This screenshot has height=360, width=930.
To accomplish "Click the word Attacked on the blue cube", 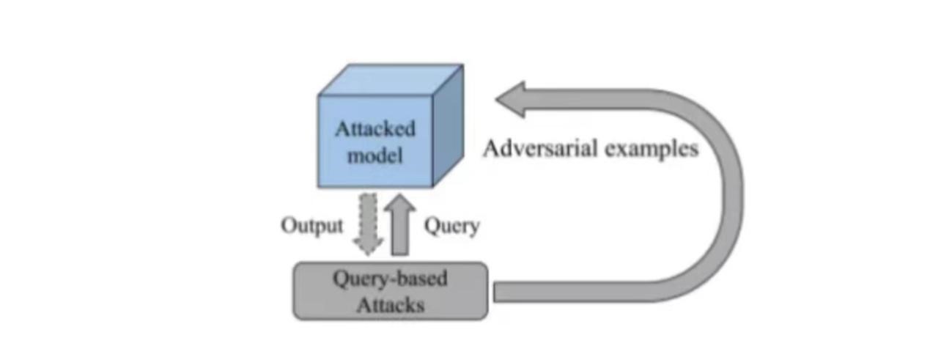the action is coord(375,129).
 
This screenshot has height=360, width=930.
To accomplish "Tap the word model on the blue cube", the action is coord(375,155).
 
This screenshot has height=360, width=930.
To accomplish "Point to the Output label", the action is coord(312,227).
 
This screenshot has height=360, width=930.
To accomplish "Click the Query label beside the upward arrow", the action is coord(451,227).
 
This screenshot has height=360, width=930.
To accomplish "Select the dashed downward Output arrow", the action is coord(368,224).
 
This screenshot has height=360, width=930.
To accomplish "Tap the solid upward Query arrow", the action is coord(400,224).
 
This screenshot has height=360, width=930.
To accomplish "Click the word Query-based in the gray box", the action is coord(391,279).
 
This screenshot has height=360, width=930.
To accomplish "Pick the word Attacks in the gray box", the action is coord(391,306).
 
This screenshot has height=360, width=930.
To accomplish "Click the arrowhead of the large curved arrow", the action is coord(511,100).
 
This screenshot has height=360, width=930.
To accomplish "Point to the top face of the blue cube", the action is coord(391,79).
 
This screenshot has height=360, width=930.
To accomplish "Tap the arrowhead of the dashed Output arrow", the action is coord(368,246).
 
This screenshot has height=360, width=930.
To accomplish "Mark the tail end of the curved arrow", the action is coord(494,293).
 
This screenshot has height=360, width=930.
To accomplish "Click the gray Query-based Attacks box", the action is coord(391,291).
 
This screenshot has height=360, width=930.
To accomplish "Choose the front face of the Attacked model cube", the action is coord(375,142).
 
